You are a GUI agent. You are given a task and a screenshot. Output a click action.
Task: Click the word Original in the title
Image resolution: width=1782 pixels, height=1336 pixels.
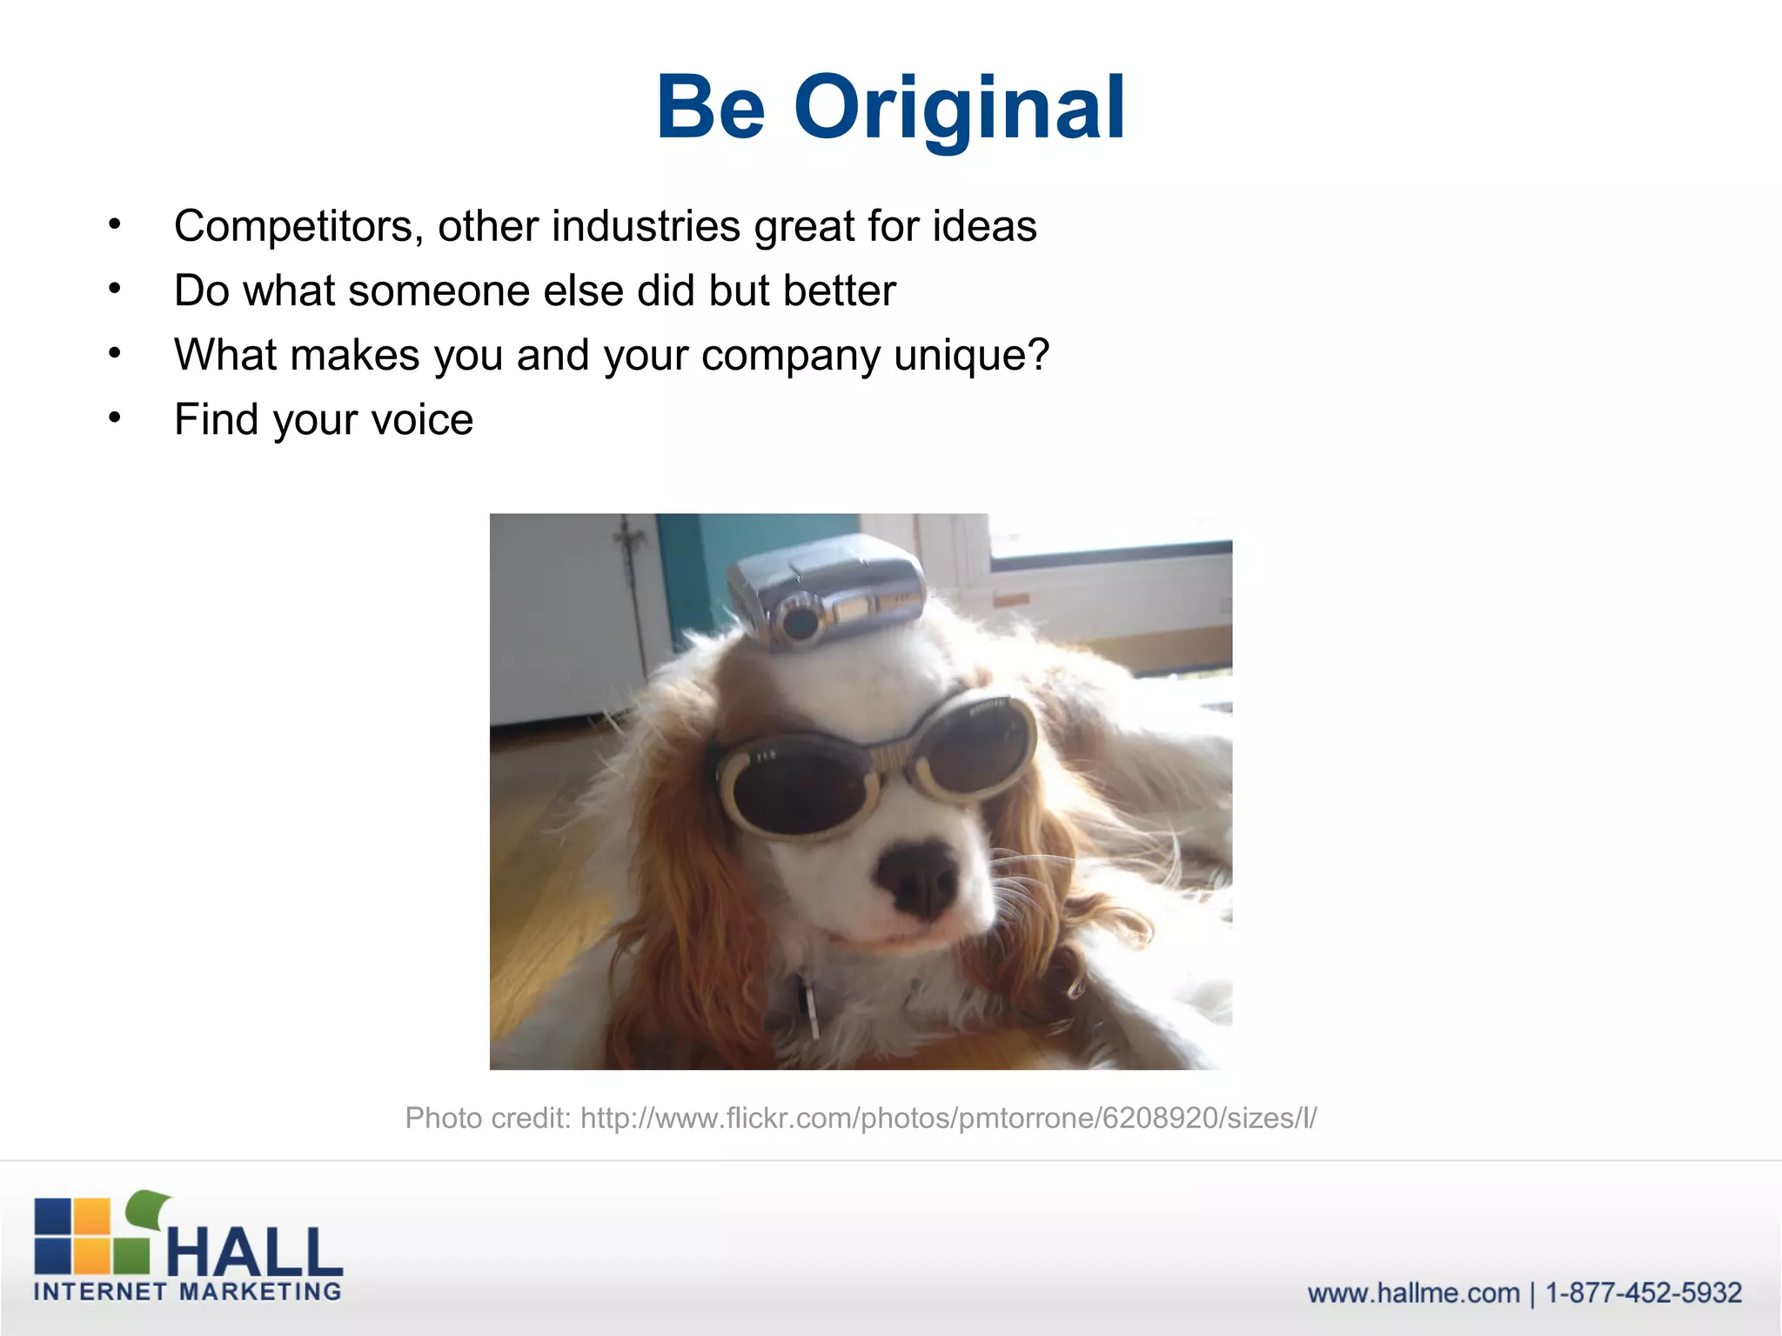click(x=959, y=108)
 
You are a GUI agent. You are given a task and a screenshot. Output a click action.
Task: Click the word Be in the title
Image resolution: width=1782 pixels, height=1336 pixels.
click(x=710, y=108)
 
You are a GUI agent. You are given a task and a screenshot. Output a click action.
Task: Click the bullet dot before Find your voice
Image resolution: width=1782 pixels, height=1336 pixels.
click(x=114, y=418)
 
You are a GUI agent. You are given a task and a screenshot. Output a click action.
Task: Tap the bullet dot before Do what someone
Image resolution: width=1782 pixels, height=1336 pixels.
click(x=114, y=289)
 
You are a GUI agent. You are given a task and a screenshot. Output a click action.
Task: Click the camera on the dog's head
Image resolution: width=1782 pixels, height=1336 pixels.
click(x=827, y=591)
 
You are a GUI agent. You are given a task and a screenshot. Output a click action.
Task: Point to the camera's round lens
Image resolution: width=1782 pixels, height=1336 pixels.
click(x=799, y=621)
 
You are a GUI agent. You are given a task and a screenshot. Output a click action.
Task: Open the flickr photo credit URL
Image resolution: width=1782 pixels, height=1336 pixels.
click(x=948, y=1118)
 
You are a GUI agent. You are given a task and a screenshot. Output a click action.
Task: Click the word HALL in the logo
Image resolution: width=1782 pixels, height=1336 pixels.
click(x=254, y=1252)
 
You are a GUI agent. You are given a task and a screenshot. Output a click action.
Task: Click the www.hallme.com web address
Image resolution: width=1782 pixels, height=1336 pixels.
click(x=1413, y=1293)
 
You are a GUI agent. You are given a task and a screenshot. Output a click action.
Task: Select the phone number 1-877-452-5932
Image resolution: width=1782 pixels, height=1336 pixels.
click(x=1643, y=1293)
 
